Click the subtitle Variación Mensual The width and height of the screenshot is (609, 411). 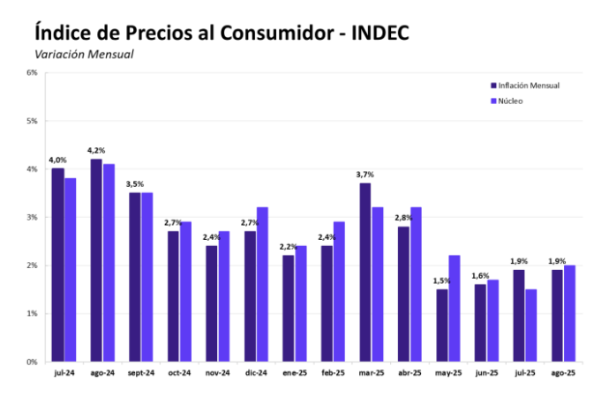[x=84, y=55]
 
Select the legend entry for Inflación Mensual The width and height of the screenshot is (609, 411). [x=529, y=86]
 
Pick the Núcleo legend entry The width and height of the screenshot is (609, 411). [x=511, y=101]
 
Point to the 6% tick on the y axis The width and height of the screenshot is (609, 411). [x=31, y=72]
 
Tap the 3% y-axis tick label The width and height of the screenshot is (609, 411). [x=31, y=217]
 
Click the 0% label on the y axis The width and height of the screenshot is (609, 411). [x=31, y=362]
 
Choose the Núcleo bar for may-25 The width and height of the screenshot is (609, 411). [x=455, y=308]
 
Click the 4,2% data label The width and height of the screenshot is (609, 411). [x=97, y=150]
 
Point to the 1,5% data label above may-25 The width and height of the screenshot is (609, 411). [x=441, y=280]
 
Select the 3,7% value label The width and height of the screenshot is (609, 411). [x=365, y=175]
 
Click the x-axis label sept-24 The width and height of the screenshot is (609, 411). [x=140, y=374]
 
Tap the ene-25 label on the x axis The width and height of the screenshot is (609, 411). [x=295, y=374]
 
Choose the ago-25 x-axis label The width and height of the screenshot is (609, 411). [x=563, y=374]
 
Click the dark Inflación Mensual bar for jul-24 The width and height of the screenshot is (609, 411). [x=57, y=265]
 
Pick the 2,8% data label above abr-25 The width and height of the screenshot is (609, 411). [x=403, y=218]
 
